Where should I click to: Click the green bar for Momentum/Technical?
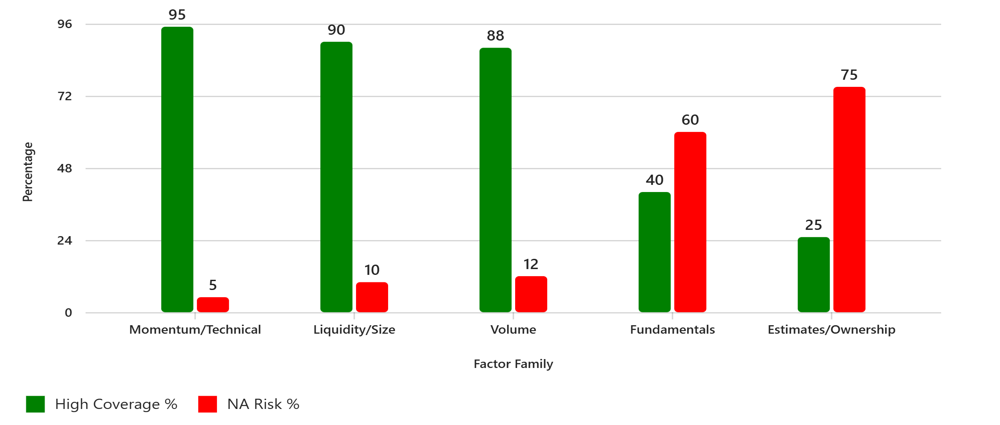click(x=177, y=169)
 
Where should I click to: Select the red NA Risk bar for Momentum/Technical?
click(x=213, y=305)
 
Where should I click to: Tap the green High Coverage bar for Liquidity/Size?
click(x=336, y=177)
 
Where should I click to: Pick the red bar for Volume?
click(x=531, y=294)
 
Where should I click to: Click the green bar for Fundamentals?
click(x=654, y=252)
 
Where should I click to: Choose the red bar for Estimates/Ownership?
click(x=849, y=200)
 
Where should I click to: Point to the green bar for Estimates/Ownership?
click(x=813, y=274)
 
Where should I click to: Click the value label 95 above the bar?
click(x=177, y=15)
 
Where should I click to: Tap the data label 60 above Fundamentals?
click(x=690, y=120)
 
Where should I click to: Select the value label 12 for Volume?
click(x=531, y=264)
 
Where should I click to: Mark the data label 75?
click(x=849, y=75)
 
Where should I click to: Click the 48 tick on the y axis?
click(x=65, y=168)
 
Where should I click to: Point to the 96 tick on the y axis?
click(x=65, y=24)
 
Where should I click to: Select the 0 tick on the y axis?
click(x=68, y=313)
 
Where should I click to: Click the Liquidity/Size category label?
click(x=354, y=330)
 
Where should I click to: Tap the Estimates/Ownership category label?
click(x=831, y=330)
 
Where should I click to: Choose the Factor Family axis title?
click(x=513, y=364)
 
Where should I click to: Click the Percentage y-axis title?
click(x=28, y=172)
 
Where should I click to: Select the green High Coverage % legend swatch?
click(x=35, y=404)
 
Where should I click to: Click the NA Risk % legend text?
click(x=263, y=404)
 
